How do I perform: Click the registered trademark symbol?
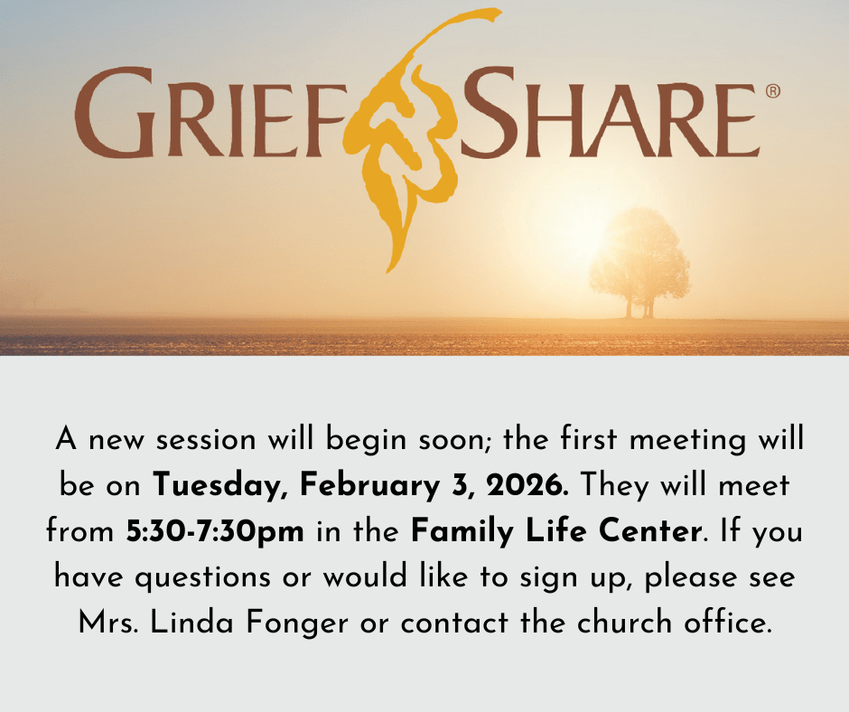coord(773,91)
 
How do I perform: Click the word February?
coord(369,485)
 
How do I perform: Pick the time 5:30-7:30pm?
coord(215,531)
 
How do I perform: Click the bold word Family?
coord(462,531)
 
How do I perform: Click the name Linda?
coord(191,622)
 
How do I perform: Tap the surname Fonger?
coord(297,623)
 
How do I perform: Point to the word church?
coord(624,622)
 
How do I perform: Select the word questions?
coord(202,577)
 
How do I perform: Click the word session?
coord(206,439)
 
